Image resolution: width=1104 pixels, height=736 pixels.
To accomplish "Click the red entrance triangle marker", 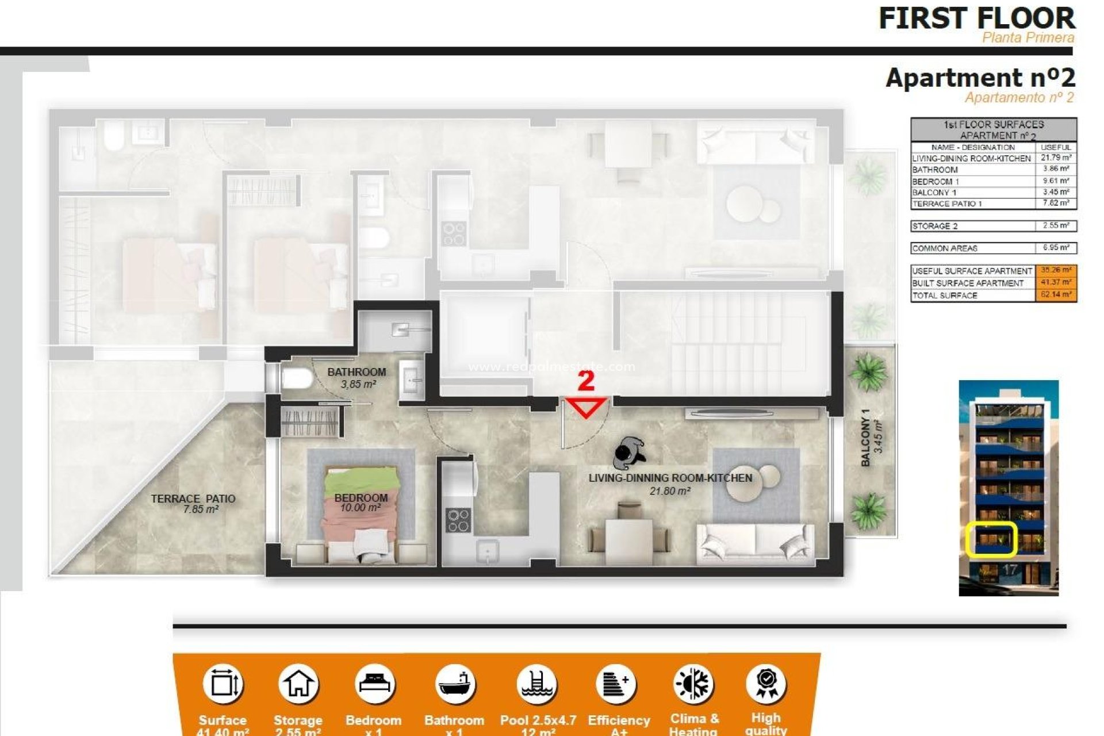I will (586, 407).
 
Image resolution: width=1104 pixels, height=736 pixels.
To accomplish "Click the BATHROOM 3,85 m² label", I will (356, 377).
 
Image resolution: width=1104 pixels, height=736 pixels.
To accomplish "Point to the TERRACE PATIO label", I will (193, 504).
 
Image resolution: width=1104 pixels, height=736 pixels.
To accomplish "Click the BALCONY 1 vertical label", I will (871, 438).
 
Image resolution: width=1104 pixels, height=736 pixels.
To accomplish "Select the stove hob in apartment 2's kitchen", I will (458, 520).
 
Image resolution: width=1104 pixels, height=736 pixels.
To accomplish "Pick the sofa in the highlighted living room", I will (755, 543).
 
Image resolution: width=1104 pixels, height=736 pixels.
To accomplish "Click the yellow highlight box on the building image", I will (991, 539).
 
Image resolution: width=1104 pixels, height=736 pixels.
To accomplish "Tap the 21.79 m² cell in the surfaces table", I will (1056, 158).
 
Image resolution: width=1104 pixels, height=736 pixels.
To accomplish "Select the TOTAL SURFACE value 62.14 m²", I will (1056, 295).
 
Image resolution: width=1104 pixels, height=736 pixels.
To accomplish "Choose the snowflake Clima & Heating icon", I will (694, 684).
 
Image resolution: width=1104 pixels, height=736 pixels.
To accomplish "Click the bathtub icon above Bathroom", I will (455, 684).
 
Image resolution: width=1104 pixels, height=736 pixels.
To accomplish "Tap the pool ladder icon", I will (536, 684).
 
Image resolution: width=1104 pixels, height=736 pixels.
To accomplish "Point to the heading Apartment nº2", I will (980, 78).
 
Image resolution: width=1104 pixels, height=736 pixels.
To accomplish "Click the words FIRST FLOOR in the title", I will (976, 18).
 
